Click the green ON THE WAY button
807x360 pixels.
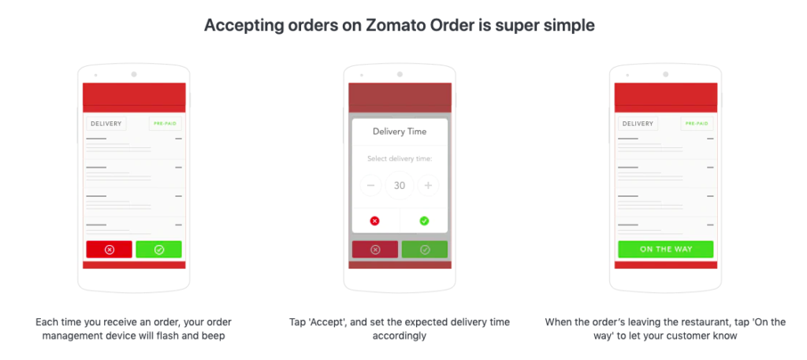click(665, 249)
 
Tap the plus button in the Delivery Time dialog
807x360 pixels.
click(428, 186)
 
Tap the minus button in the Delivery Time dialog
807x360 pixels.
click(371, 186)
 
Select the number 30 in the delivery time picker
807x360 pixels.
click(400, 186)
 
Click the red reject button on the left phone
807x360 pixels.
click(109, 249)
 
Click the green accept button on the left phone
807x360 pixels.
click(158, 249)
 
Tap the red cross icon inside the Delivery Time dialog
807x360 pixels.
click(374, 221)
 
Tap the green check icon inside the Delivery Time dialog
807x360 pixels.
click(424, 221)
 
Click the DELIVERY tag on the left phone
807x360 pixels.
click(106, 124)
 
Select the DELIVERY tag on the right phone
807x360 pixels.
click(638, 124)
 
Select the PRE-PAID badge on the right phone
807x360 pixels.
click(697, 124)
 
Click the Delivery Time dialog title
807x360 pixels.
click(400, 132)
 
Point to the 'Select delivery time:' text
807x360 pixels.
click(400, 158)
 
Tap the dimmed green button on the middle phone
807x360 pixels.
click(425, 249)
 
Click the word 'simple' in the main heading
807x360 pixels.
click(571, 25)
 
